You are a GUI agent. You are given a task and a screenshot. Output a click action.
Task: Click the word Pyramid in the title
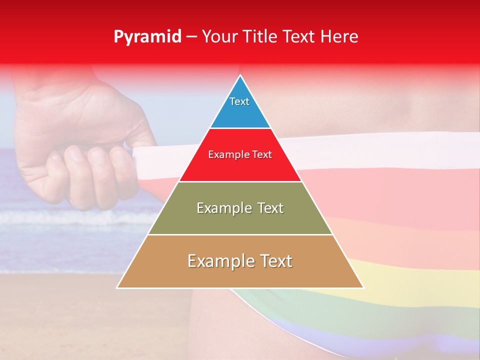tap(147, 37)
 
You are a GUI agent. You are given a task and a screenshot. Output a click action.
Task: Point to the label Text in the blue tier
tap(239, 101)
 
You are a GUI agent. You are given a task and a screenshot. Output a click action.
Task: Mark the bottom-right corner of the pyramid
tap(363, 287)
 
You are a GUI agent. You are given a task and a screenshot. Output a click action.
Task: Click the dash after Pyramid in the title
tap(191, 37)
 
